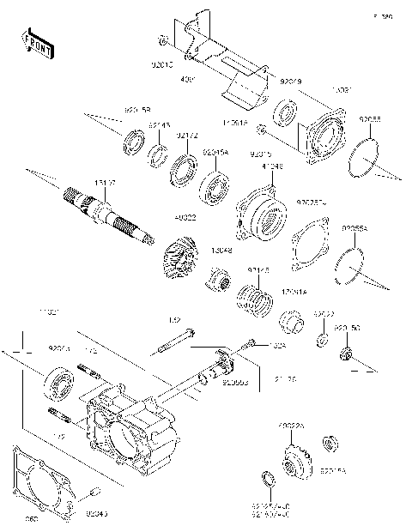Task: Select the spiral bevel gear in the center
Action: click(x=179, y=254)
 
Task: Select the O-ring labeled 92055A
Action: click(x=352, y=261)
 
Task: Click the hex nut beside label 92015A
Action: click(x=327, y=443)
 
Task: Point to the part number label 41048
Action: click(x=271, y=168)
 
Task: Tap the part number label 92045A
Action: click(x=215, y=152)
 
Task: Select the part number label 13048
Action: click(x=221, y=251)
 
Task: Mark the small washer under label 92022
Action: click(x=320, y=341)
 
